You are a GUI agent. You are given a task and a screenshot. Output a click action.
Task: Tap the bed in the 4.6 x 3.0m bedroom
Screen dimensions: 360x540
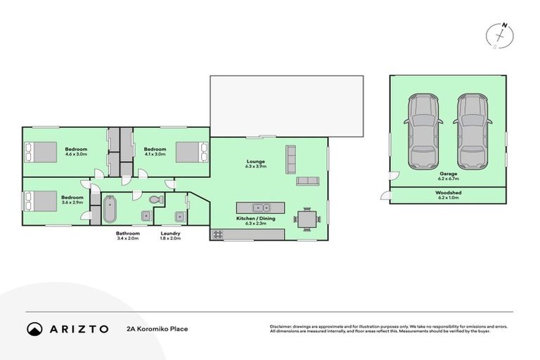(40, 152)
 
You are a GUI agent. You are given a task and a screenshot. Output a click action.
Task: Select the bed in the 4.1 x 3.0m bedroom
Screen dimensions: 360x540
(192, 152)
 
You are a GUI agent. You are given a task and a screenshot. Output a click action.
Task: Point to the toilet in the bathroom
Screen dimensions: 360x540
(157, 200)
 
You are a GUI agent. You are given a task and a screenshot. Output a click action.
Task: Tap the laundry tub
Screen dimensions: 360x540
(179, 217)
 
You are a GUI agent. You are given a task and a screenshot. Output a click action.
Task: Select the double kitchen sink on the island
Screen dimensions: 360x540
(261, 207)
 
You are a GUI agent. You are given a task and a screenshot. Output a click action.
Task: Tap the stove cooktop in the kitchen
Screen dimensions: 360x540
(216, 234)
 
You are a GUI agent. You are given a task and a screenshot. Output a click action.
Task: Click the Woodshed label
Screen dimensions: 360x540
(448, 192)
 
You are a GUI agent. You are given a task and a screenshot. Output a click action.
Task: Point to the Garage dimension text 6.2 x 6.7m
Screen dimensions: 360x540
(448, 179)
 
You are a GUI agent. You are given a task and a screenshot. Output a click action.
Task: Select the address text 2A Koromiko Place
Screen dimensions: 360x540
(157, 328)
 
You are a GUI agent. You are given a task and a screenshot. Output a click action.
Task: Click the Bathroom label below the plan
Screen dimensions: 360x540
(127, 233)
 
